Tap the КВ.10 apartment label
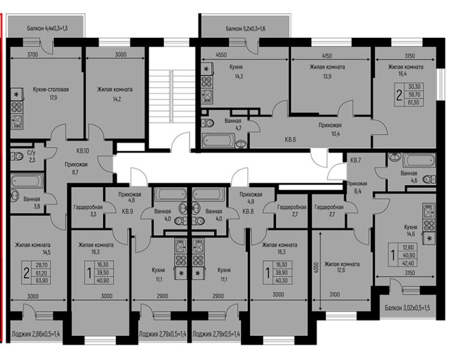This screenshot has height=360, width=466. [83, 151]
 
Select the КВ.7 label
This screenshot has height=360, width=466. [356, 161]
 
